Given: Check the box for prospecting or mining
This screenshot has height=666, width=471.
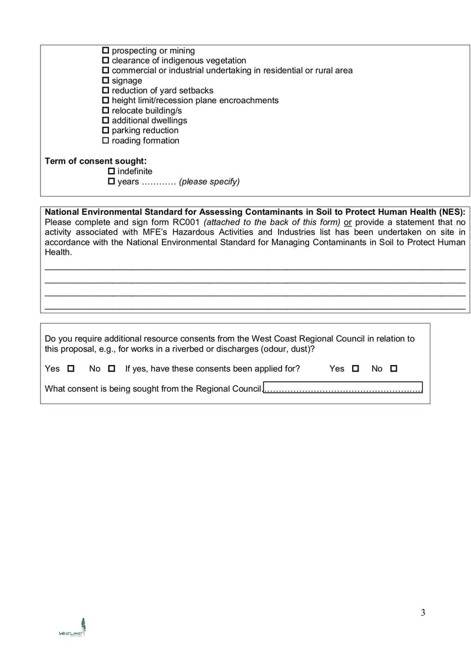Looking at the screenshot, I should pos(106,51).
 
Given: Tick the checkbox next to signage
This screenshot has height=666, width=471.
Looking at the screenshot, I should pos(106,81).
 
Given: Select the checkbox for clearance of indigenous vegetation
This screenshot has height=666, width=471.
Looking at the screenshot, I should pos(106,61).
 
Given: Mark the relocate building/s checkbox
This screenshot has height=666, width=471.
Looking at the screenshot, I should pos(106,111).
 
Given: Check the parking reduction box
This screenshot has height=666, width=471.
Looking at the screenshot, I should pos(106,131).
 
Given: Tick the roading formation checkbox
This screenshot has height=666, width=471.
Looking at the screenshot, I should pos(106,141).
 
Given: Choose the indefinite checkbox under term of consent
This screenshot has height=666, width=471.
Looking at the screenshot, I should pos(112,171).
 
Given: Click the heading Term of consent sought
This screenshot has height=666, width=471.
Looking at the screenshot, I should pos(95,161).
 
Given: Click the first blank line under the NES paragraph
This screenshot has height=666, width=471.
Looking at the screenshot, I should pos(255,269).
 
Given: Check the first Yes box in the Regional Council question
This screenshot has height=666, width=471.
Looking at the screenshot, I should pos(71,369).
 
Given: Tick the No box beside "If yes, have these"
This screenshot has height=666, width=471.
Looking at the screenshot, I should pos(112,369).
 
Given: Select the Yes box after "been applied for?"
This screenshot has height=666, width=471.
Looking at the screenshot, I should pos(355,369).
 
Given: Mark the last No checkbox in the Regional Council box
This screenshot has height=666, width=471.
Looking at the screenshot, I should pos(394,369).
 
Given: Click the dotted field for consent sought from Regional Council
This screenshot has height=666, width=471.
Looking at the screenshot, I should pos(343,389).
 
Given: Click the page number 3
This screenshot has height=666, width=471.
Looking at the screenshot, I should pos(423,612).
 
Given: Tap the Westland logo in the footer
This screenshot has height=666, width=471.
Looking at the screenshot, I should pos(72,628).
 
